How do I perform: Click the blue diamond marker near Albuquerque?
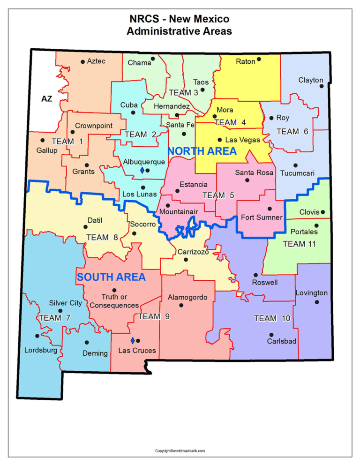(x=142, y=171)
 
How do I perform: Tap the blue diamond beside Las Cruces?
(x=133, y=340)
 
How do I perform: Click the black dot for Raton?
(x=259, y=59)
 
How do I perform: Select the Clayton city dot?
(x=322, y=86)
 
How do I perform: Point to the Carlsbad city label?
(x=282, y=341)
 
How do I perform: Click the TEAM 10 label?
(x=272, y=319)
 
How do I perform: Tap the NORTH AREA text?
(x=202, y=151)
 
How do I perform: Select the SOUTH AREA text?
(x=111, y=277)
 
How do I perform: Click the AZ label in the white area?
(x=46, y=99)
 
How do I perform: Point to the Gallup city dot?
(x=43, y=140)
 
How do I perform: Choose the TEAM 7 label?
(x=54, y=318)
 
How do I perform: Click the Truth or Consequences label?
(x=114, y=301)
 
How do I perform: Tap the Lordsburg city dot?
(x=37, y=336)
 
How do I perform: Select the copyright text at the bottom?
(x=180, y=451)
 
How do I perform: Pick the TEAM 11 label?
(x=299, y=244)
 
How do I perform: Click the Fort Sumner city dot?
(x=270, y=209)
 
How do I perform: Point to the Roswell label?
(x=265, y=283)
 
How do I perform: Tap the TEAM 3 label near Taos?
(x=183, y=93)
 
